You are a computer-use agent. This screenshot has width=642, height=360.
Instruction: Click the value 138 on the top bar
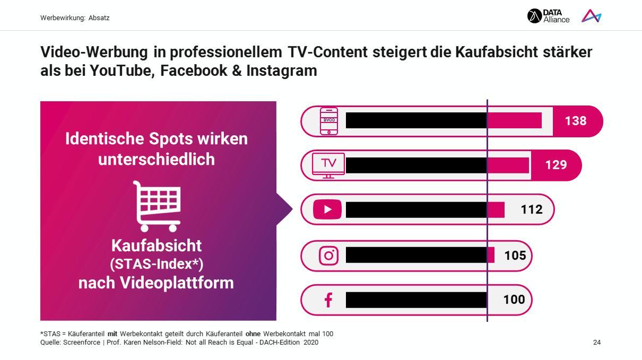[x=576, y=121]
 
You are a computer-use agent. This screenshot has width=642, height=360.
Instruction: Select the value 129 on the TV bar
[x=556, y=165]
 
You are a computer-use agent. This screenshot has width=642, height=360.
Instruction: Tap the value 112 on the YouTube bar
[x=532, y=209]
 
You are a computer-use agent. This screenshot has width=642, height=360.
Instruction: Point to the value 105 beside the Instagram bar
[x=515, y=256]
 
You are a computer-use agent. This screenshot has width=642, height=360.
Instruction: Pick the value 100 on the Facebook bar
[x=514, y=300]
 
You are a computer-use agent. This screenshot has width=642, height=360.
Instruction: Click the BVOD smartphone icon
[x=329, y=121]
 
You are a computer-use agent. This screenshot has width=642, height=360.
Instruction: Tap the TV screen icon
[x=328, y=165]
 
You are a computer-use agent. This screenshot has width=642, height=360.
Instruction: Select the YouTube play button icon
[x=327, y=209]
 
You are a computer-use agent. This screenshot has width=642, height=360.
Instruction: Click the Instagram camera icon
[x=328, y=256]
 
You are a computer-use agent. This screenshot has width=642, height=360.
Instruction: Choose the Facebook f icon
[x=328, y=300]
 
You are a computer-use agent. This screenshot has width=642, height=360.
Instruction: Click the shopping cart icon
[x=157, y=206]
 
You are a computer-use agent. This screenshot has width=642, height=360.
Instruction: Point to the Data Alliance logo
[x=548, y=16]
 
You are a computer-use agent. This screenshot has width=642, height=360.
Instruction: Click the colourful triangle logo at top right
[x=591, y=16]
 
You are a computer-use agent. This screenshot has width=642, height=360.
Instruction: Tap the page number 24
[x=597, y=343]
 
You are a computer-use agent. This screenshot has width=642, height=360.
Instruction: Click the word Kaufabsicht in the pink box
[x=157, y=245]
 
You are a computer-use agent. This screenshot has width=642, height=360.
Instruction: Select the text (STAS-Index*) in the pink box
[x=157, y=264]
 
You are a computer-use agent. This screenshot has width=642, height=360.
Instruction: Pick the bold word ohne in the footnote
[x=253, y=334]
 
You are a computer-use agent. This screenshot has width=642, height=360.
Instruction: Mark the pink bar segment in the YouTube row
[x=496, y=209]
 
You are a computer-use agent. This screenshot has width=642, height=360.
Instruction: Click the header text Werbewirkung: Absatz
[x=75, y=18]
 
